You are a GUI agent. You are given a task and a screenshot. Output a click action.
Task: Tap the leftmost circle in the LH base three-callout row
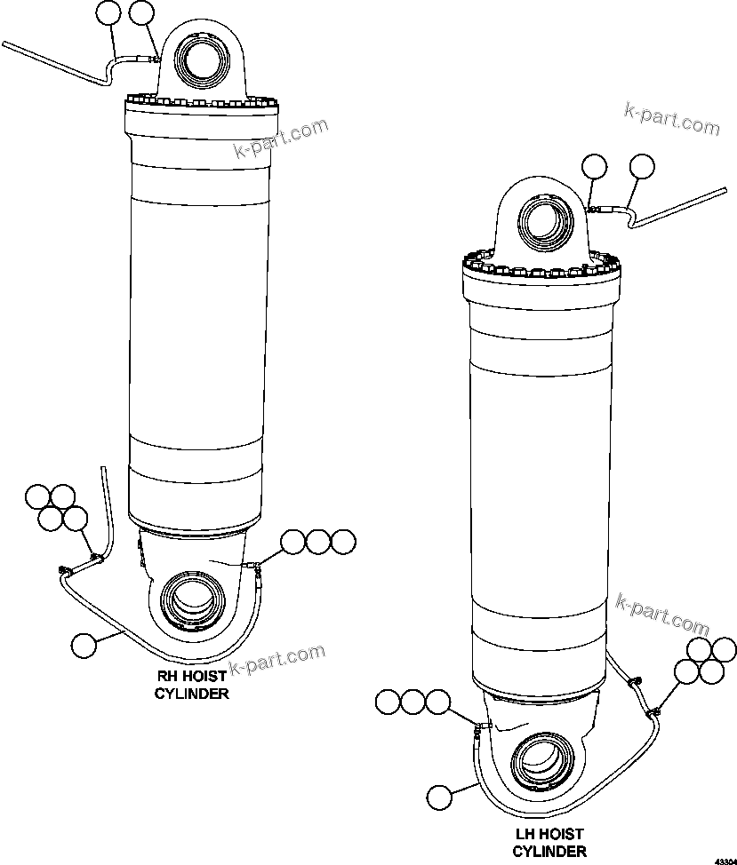click(x=388, y=702)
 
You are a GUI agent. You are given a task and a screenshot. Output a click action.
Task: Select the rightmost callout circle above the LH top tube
click(x=641, y=166)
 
